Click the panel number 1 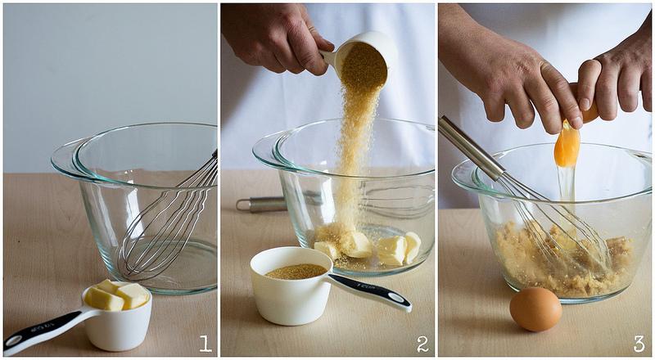click(x=206, y=344)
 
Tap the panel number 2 click(x=422, y=344)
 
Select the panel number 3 click(x=639, y=344)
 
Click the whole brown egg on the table click(x=535, y=309)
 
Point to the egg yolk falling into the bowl click(x=567, y=146)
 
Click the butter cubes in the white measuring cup click(x=116, y=295)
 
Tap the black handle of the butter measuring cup click(x=42, y=328)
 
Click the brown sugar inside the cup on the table click(x=296, y=272)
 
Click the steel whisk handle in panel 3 click(x=472, y=148)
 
